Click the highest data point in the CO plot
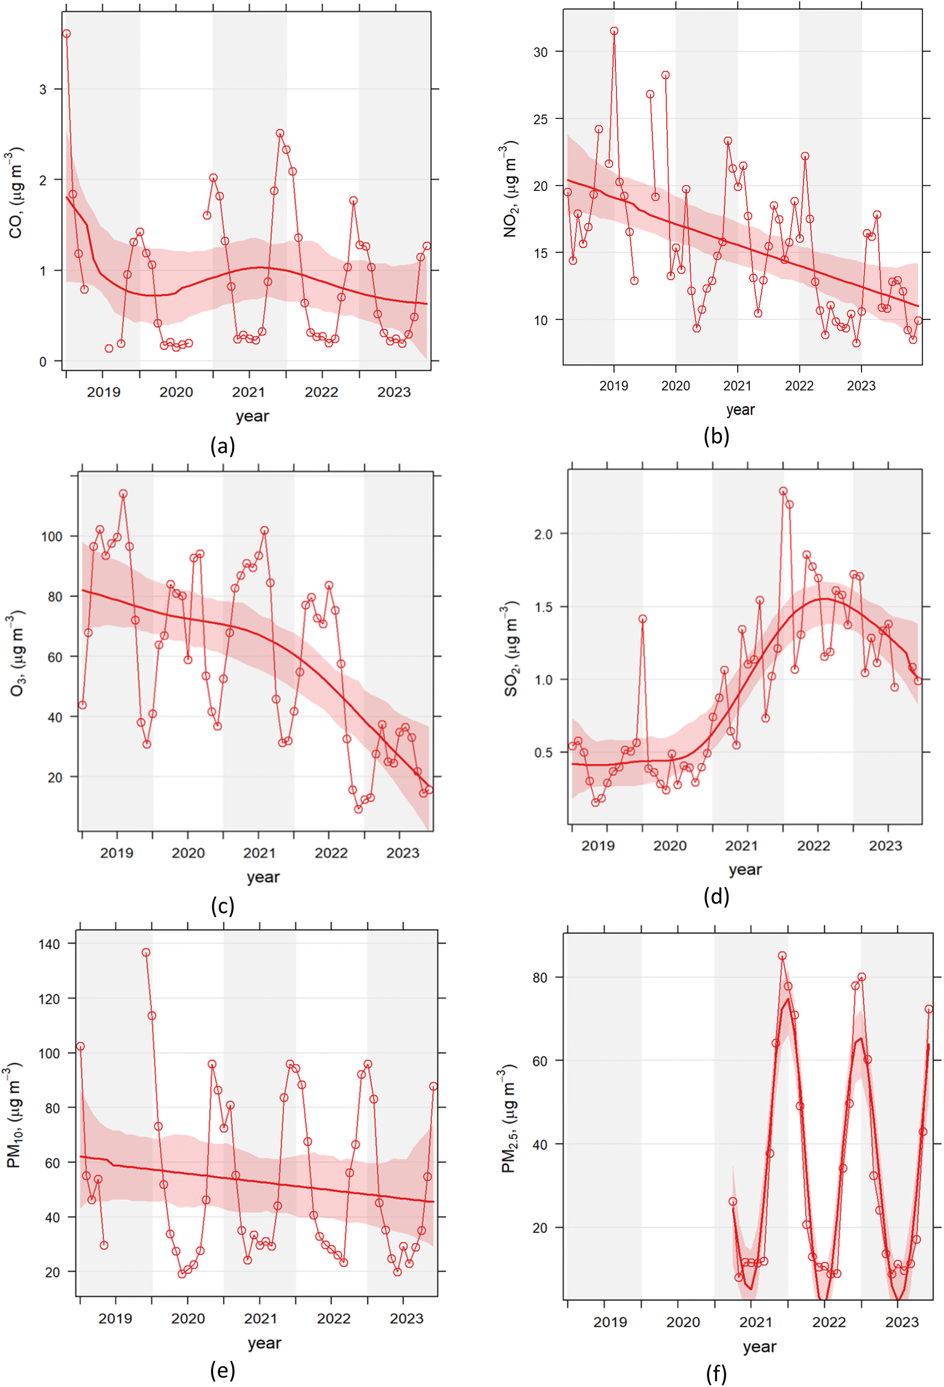66,34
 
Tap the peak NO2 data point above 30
614,31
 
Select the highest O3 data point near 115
123,493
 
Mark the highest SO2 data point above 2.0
783,491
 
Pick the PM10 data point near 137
146,953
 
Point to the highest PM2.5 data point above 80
782,956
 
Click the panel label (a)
223,446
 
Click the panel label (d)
716,896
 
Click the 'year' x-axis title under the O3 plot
263,877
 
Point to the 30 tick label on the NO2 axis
540,52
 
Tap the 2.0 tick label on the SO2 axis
543,534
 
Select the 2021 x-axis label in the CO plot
248,392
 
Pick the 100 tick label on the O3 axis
51,536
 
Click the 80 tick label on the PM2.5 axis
540,977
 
